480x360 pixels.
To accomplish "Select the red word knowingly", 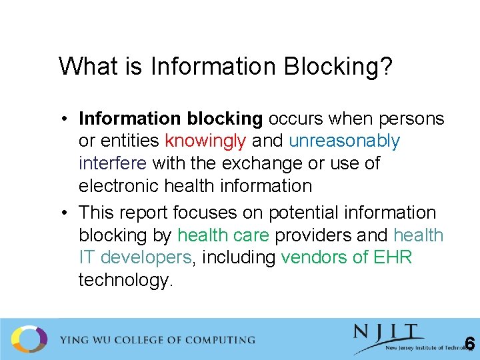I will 205,141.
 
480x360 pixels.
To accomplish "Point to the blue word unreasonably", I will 345,141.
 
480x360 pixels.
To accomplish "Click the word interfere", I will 113,163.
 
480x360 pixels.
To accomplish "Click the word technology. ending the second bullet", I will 125,280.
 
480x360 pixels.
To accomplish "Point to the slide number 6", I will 469,344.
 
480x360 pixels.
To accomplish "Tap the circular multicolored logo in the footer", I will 29,339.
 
